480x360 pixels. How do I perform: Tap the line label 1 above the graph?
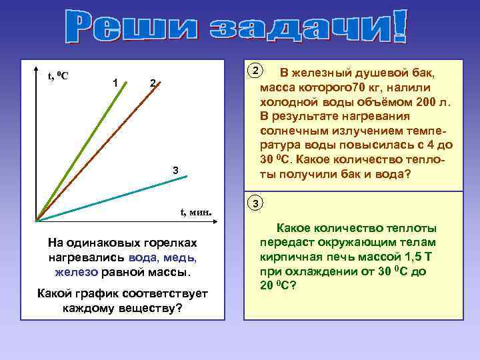(116, 82)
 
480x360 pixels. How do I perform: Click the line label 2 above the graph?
(153, 83)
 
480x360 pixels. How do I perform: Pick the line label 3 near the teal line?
(175, 171)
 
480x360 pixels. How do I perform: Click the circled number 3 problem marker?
(255, 202)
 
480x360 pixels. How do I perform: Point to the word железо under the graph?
(77, 272)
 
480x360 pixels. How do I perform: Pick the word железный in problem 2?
(323, 73)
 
